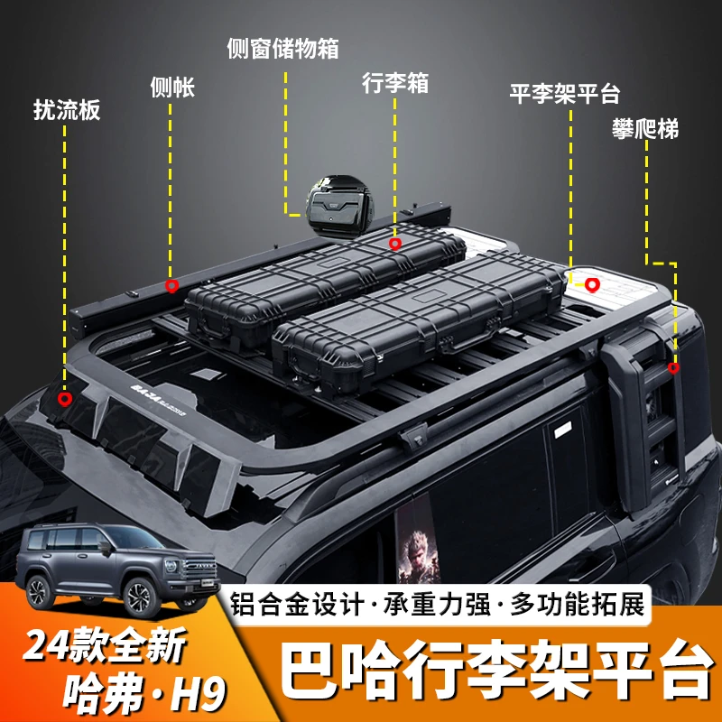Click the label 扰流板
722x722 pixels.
pos(67,110)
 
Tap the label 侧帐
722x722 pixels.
pos(172,87)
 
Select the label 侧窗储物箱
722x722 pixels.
pos(282,49)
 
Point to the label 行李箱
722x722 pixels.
pos(395,83)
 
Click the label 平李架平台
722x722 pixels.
pos(565,94)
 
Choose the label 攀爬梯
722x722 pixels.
pos(645,128)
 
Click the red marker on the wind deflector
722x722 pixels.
pos(65,399)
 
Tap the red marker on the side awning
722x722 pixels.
pos(171,286)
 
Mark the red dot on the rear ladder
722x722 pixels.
pos(673,368)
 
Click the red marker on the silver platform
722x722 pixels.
pos(592,285)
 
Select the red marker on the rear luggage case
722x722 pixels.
pos(394,244)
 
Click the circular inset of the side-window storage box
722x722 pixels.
pos(340,207)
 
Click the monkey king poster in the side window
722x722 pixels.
pos(418,540)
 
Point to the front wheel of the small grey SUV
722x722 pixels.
pos(139,598)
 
